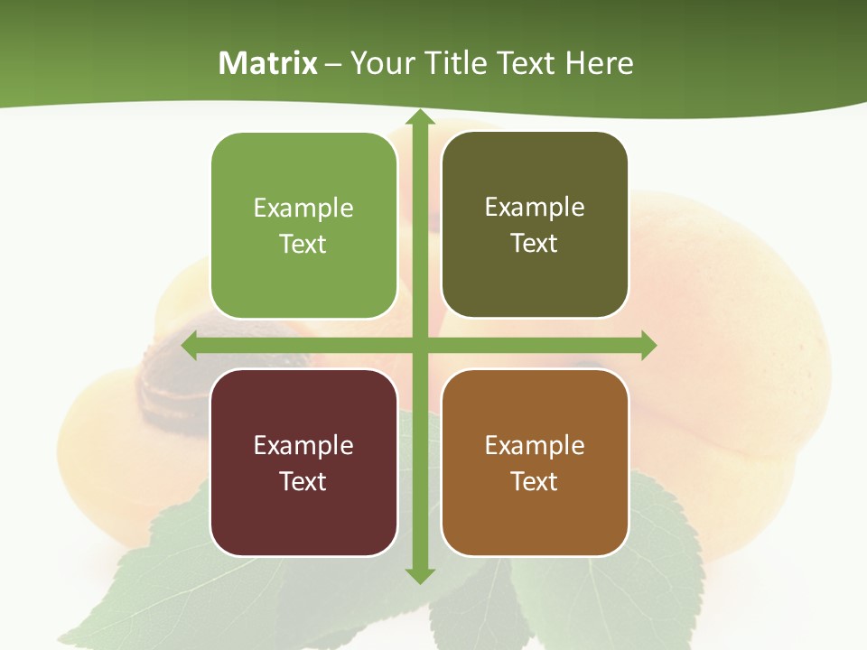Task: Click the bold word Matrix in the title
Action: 268,63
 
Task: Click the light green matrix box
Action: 303,226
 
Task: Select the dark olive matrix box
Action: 535,225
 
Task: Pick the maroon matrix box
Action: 303,462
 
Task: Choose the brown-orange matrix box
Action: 535,462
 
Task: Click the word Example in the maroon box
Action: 303,445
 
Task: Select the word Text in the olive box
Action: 535,244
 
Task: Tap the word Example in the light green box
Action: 303,209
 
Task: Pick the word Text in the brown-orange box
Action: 535,481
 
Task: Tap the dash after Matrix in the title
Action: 333,64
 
